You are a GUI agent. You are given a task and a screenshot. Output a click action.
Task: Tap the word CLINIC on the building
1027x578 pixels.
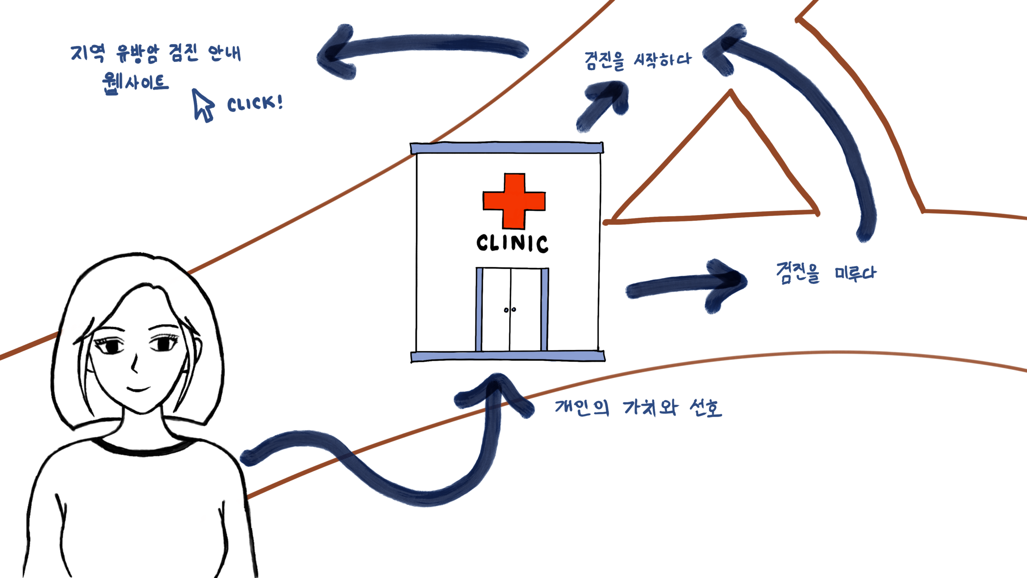[x=512, y=244]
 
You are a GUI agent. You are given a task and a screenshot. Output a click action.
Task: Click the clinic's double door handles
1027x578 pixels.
[x=510, y=310]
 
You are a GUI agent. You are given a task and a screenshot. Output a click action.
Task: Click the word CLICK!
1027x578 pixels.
[x=255, y=104]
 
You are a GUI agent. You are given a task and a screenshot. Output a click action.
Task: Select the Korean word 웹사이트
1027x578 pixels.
[x=135, y=83]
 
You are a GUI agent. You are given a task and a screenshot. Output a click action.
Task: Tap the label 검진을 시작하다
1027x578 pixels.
[x=638, y=61]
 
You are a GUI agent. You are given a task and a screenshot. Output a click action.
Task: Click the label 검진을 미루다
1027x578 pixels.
[x=826, y=273]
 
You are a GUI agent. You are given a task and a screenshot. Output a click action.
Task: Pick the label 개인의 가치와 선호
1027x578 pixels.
[x=638, y=408]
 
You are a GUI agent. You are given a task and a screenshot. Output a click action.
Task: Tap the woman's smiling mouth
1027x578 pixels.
[x=138, y=389]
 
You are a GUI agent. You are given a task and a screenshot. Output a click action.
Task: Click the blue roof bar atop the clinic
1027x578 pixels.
[x=507, y=148]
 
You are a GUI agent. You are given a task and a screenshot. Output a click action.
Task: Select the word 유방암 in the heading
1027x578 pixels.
[x=138, y=53]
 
